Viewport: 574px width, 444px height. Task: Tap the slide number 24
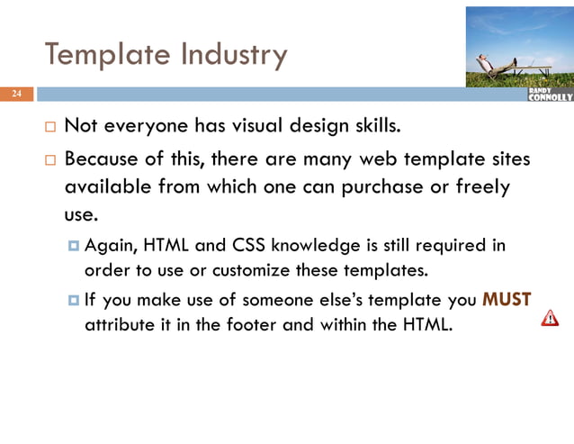tap(16, 95)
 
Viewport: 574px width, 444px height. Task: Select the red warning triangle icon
tap(549, 318)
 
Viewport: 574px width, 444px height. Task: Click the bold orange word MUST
tap(507, 301)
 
